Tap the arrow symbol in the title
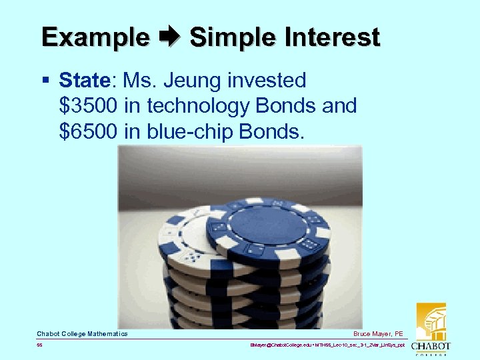pyautogui.click(x=169, y=37)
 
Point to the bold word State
pyautogui.click(x=85, y=81)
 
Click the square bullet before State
pyautogui.click(x=45, y=81)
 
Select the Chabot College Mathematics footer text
pyautogui.click(x=82, y=333)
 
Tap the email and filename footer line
pyautogui.click(x=327, y=346)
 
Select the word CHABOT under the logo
pyautogui.click(x=431, y=347)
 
